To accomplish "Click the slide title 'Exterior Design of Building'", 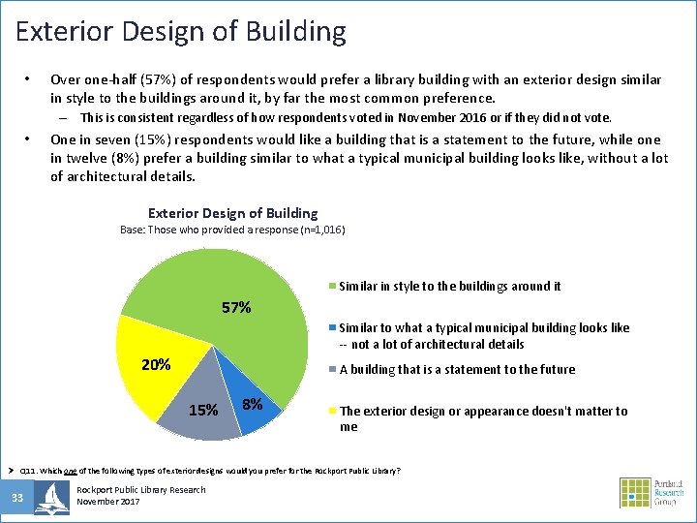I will click(181, 31).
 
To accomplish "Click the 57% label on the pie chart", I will click(236, 308).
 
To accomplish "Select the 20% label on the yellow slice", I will click(156, 365).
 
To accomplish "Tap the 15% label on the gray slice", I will click(203, 410).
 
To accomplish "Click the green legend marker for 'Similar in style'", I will click(334, 287).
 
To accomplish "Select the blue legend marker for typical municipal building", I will click(334, 328).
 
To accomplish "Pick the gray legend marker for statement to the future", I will click(334, 370).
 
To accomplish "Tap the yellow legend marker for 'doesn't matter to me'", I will click(334, 412).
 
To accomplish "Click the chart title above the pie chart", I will click(232, 213).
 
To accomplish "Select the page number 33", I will click(17, 498).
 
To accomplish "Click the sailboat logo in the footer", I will click(51, 497).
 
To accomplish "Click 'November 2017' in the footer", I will click(108, 502).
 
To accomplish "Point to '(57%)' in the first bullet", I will click(166, 79).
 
